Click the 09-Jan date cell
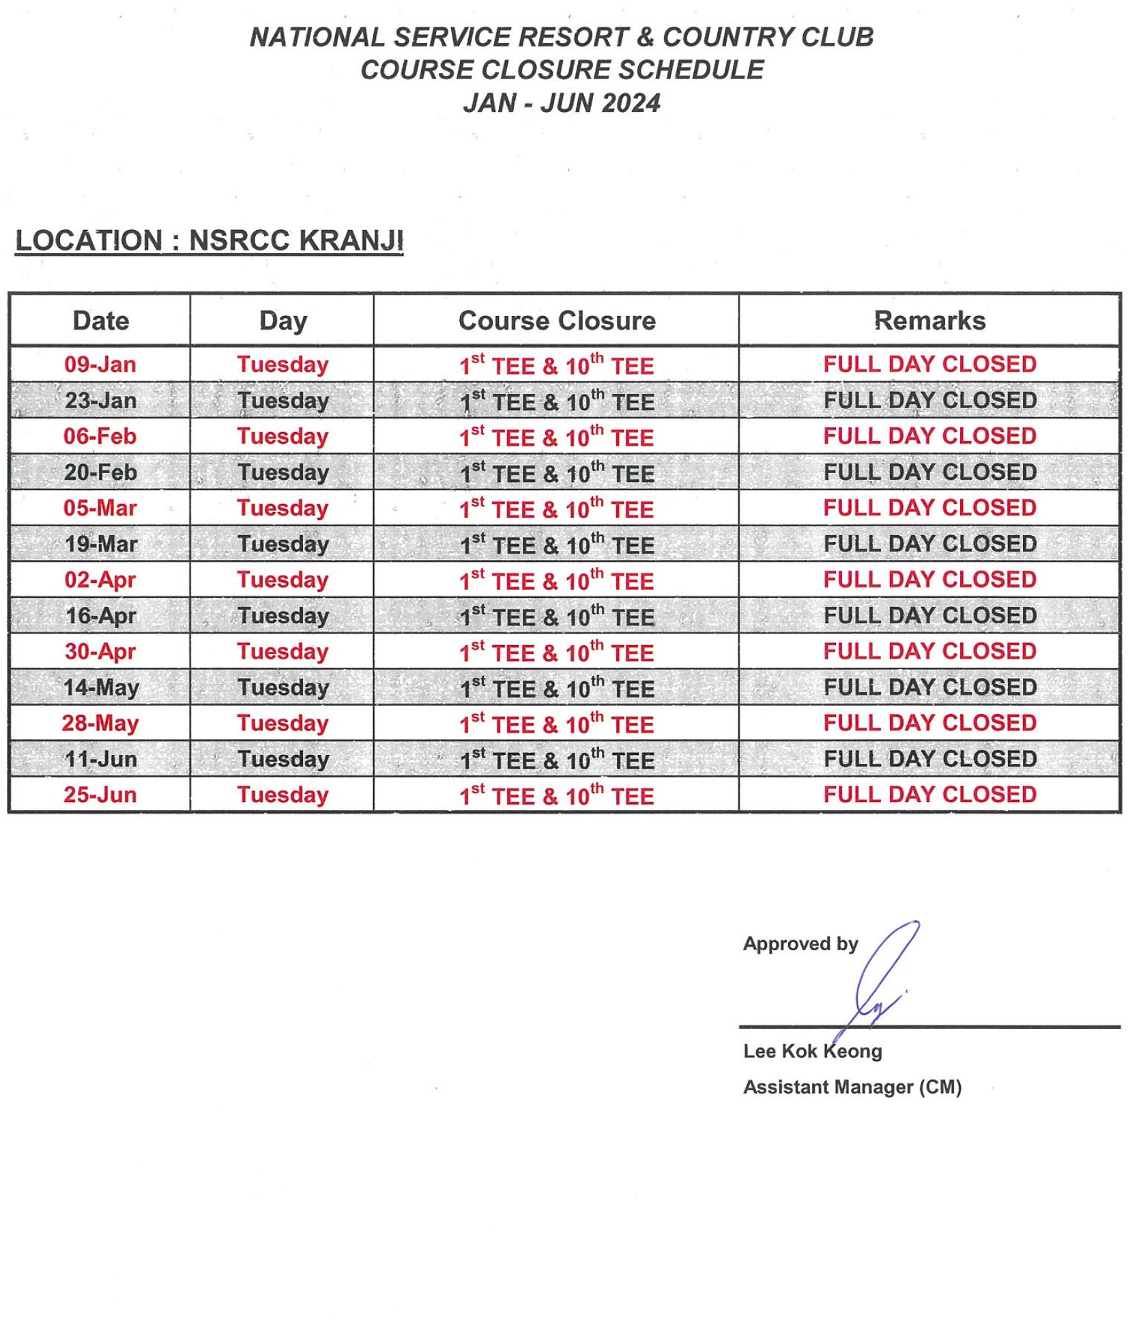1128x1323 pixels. (100, 364)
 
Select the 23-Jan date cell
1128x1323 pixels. (100, 400)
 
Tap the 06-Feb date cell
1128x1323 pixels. (100, 436)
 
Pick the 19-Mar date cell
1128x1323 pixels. (100, 543)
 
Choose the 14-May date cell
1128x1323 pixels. (100, 687)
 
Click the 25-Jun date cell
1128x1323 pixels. (100, 794)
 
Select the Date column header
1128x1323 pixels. (100, 320)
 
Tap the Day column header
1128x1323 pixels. (283, 320)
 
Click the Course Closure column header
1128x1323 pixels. (557, 320)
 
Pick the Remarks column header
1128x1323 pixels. (929, 320)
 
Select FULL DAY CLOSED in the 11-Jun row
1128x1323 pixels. (929, 758)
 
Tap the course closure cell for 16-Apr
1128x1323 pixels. (557, 616)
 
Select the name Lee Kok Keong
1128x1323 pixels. (812, 1051)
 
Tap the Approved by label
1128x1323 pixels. (800, 943)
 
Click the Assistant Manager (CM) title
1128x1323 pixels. (852, 1087)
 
